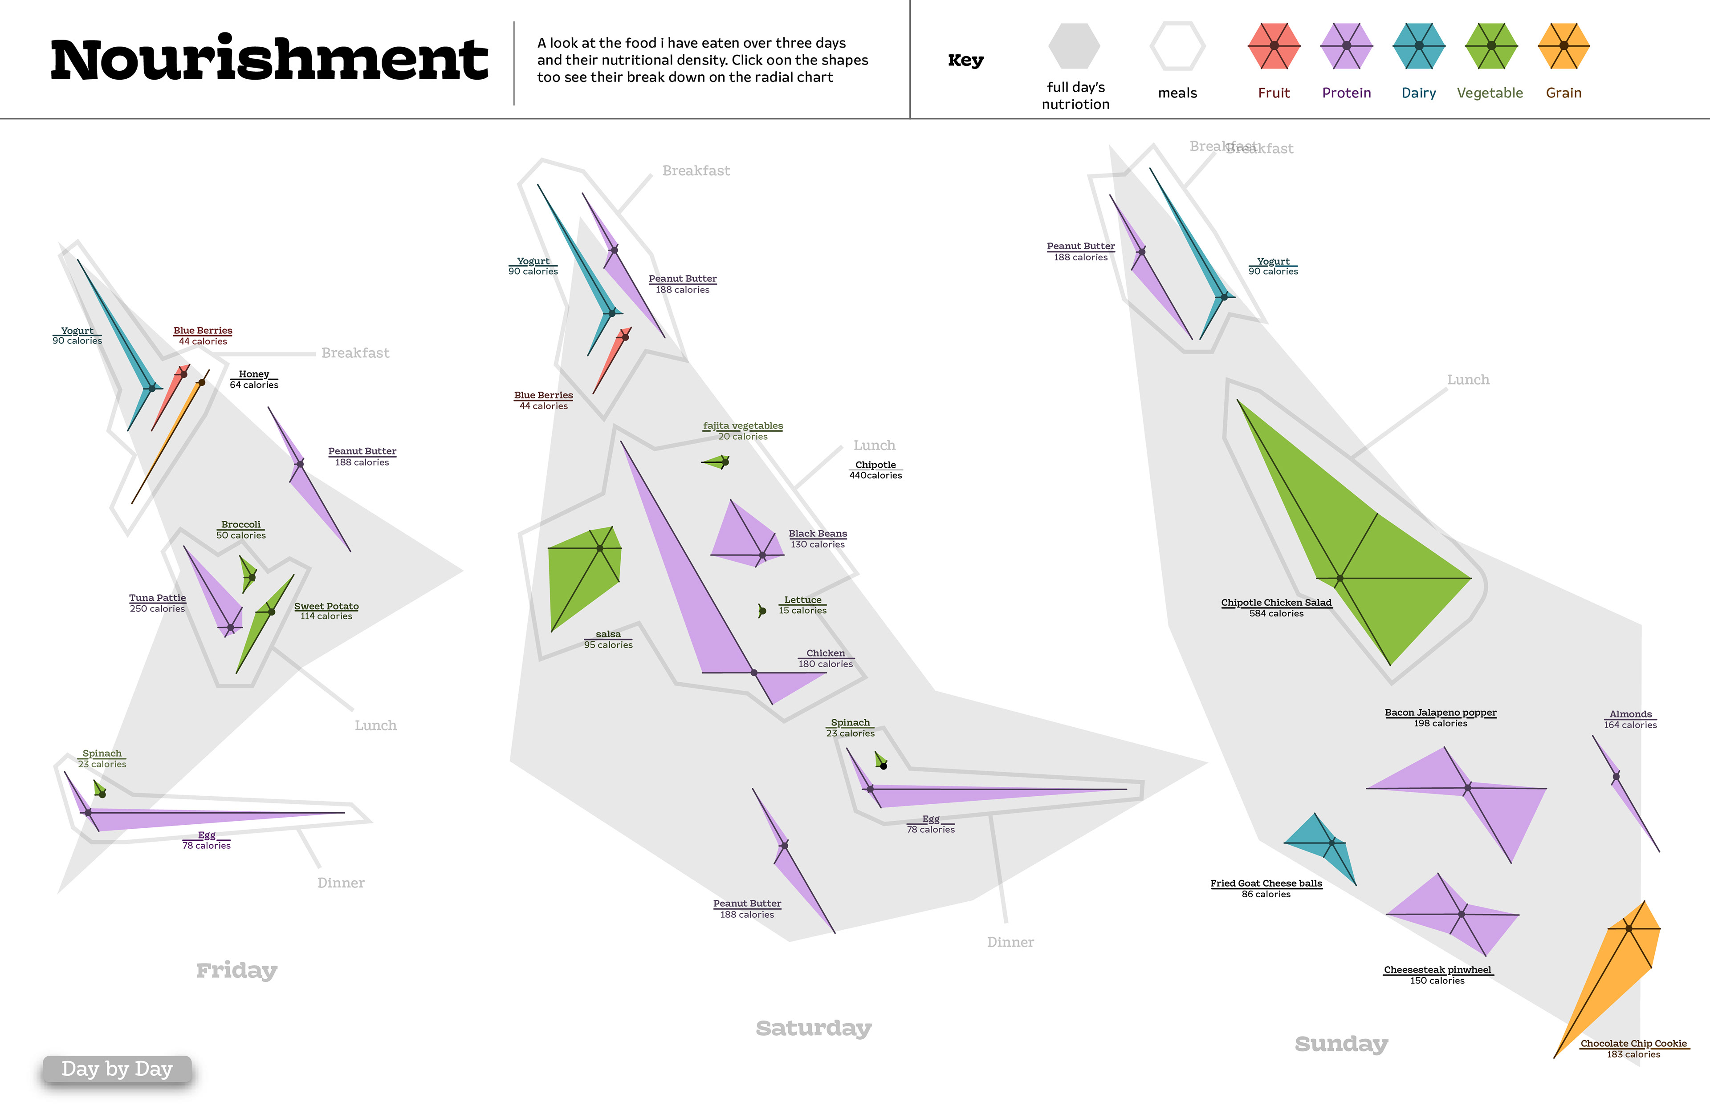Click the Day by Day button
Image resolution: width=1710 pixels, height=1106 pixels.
tap(117, 1069)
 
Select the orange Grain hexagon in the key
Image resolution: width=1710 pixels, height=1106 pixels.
tap(1563, 46)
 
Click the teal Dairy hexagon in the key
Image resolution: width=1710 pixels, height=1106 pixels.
tap(1418, 46)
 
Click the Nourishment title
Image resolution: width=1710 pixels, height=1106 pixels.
tap(269, 60)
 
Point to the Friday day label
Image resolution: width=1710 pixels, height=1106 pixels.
tap(236, 970)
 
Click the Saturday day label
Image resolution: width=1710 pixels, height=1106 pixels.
tap(813, 1028)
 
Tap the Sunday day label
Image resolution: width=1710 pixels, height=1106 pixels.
tap(1341, 1044)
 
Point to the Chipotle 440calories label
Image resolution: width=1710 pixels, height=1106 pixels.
tap(875, 470)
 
